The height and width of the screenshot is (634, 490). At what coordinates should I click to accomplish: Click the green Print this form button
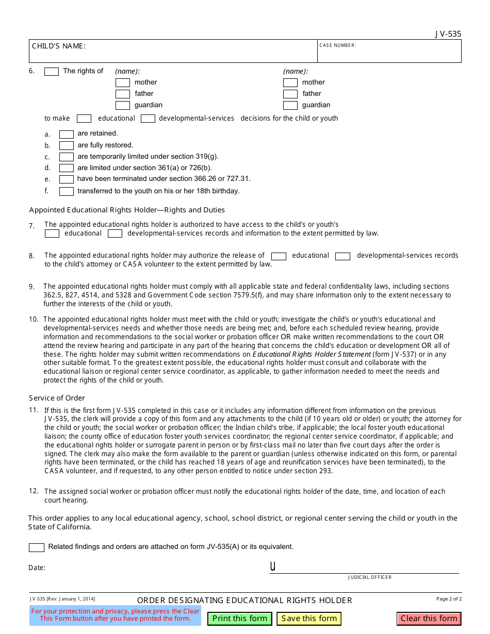click(x=240, y=619)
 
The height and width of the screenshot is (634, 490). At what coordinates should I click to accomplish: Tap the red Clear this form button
click(x=429, y=619)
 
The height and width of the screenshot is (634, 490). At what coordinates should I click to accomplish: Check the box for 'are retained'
click(x=67, y=134)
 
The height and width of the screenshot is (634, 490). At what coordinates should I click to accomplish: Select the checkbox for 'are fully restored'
click(x=67, y=145)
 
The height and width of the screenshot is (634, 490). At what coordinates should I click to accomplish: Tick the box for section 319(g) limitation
click(x=67, y=157)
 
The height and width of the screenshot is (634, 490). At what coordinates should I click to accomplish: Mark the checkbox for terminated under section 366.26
click(x=67, y=179)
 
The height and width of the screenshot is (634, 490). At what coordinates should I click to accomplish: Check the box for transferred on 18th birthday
click(x=67, y=191)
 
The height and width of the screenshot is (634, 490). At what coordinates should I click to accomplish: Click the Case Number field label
click(x=338, y=45)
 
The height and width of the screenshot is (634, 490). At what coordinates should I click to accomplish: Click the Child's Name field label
click(x=59, y=46)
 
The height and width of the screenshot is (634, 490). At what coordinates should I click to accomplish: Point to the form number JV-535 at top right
click(x=448, y=34)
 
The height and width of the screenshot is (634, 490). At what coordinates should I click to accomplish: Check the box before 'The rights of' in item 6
click(x=52, y=72)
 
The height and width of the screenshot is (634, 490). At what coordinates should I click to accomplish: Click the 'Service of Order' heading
click(x=57, y=398)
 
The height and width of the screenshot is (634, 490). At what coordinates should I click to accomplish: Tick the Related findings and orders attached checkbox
click(x=37, y=547)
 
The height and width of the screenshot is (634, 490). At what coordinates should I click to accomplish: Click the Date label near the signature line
click(x=37, y=568)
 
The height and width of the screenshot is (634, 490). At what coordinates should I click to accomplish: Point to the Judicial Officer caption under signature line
click(x=370, y=577)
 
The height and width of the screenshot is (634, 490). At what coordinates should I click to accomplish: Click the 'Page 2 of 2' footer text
click(x=449, y=599)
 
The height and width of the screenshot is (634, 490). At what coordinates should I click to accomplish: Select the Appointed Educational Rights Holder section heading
click(x=127, y=210)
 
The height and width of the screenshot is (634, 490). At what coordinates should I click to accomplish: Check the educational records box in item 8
click(x=279, y=256)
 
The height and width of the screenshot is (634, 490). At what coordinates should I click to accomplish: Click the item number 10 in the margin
click(x=34, y=320)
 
